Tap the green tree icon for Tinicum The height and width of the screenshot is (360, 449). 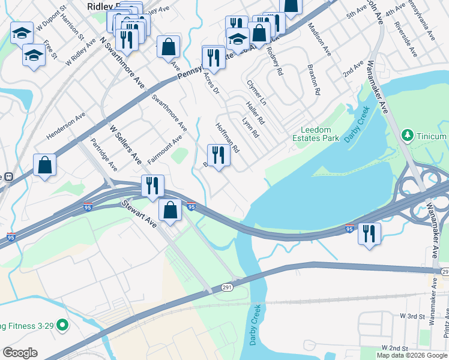(407, 136)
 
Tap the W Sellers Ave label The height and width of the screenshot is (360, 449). (124, 144)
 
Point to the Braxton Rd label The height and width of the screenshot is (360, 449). (314, 80)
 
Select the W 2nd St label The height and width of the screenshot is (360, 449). (395, 348)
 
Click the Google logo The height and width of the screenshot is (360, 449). (20, 353)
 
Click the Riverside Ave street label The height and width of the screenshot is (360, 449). (406, 38)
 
